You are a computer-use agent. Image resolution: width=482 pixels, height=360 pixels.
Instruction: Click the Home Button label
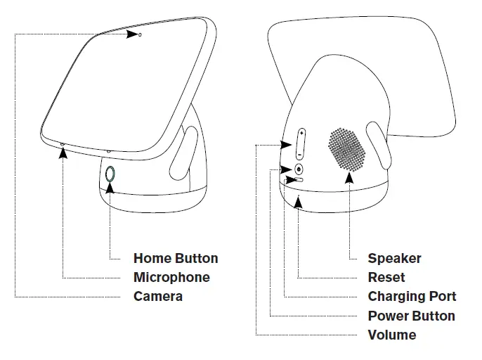click(x=176, y=259)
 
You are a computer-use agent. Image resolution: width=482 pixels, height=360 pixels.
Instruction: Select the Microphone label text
click(x=171, y=277)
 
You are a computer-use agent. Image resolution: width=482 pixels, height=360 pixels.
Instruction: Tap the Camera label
click(x=158, y=296)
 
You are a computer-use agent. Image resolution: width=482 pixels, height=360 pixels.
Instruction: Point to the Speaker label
click(x=394, y=259)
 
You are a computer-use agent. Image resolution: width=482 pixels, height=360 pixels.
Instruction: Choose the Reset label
click(x=386, y=277)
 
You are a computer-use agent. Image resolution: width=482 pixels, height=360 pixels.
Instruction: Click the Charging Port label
click(x=412, y=296)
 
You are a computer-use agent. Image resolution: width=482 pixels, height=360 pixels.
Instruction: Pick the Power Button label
click(x=411, y=316)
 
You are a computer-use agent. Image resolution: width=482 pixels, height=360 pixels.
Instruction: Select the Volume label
click(x=391, y=335)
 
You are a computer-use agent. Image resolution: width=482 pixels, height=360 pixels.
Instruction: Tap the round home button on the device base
click(x=111, y=174)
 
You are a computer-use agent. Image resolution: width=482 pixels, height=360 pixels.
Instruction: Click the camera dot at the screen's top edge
click(x=140, y=34)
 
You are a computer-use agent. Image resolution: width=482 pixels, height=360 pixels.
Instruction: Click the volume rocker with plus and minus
click(x=300, y=143)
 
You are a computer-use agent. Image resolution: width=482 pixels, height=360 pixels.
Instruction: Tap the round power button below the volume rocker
click(x=299, y=169)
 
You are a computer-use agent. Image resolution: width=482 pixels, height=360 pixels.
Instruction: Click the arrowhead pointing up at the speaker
click(x=349, y=176)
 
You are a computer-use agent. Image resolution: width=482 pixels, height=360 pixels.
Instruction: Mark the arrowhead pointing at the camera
click(x=131, y=34)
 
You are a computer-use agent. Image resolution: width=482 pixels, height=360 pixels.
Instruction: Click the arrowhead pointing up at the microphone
click(x=63, y=151)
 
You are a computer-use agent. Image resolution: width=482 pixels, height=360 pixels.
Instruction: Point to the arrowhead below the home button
click(x=111, y=187)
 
